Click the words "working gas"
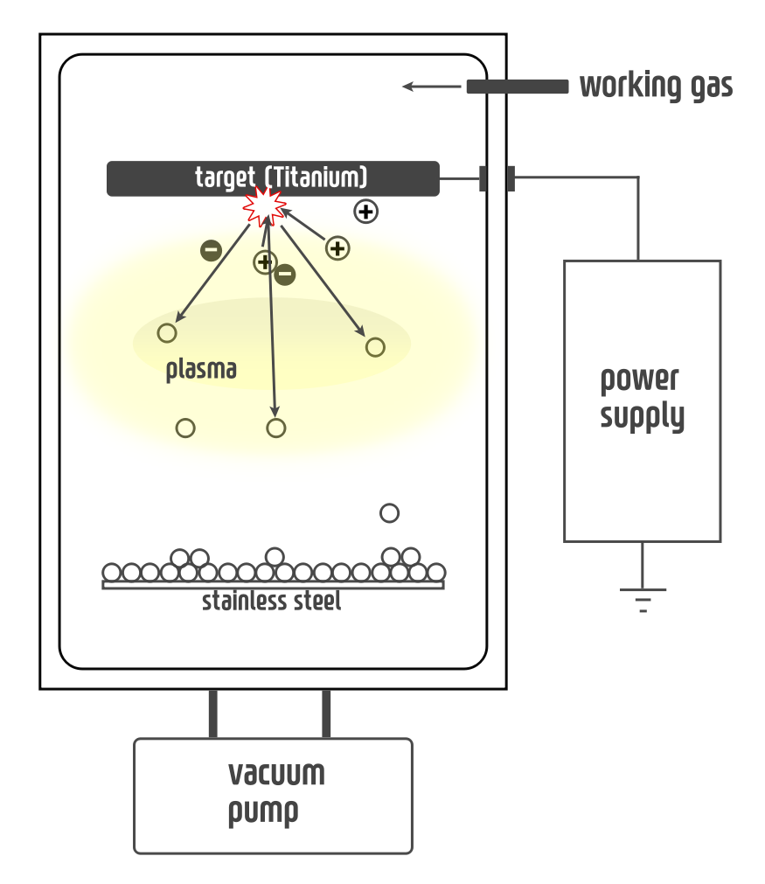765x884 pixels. click(x=656, y=87)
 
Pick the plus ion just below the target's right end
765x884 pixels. click(x=365, y=211)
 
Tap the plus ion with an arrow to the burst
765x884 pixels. click(x=337, y=248)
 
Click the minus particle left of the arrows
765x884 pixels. click(x=211, y=251)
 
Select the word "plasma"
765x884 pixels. click(x=201, y=370)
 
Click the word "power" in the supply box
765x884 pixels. click(x=639, y=380)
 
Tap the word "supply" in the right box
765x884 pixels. click(x=642, y=416)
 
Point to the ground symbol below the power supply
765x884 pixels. click(x=643, y=599)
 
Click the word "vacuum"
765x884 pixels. click(x=276, y=774)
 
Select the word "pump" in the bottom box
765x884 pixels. click(x=263, y=811)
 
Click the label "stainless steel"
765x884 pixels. click(x=271, y=602)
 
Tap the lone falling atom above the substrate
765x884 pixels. click(x=389, y=513)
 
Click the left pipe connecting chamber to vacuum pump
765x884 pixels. click(x=212, y=713)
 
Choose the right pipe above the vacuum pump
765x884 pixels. click(x=326, y=713)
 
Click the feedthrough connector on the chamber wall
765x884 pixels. click(x=497, y=178)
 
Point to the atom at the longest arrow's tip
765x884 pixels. click(x=275, y=428)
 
